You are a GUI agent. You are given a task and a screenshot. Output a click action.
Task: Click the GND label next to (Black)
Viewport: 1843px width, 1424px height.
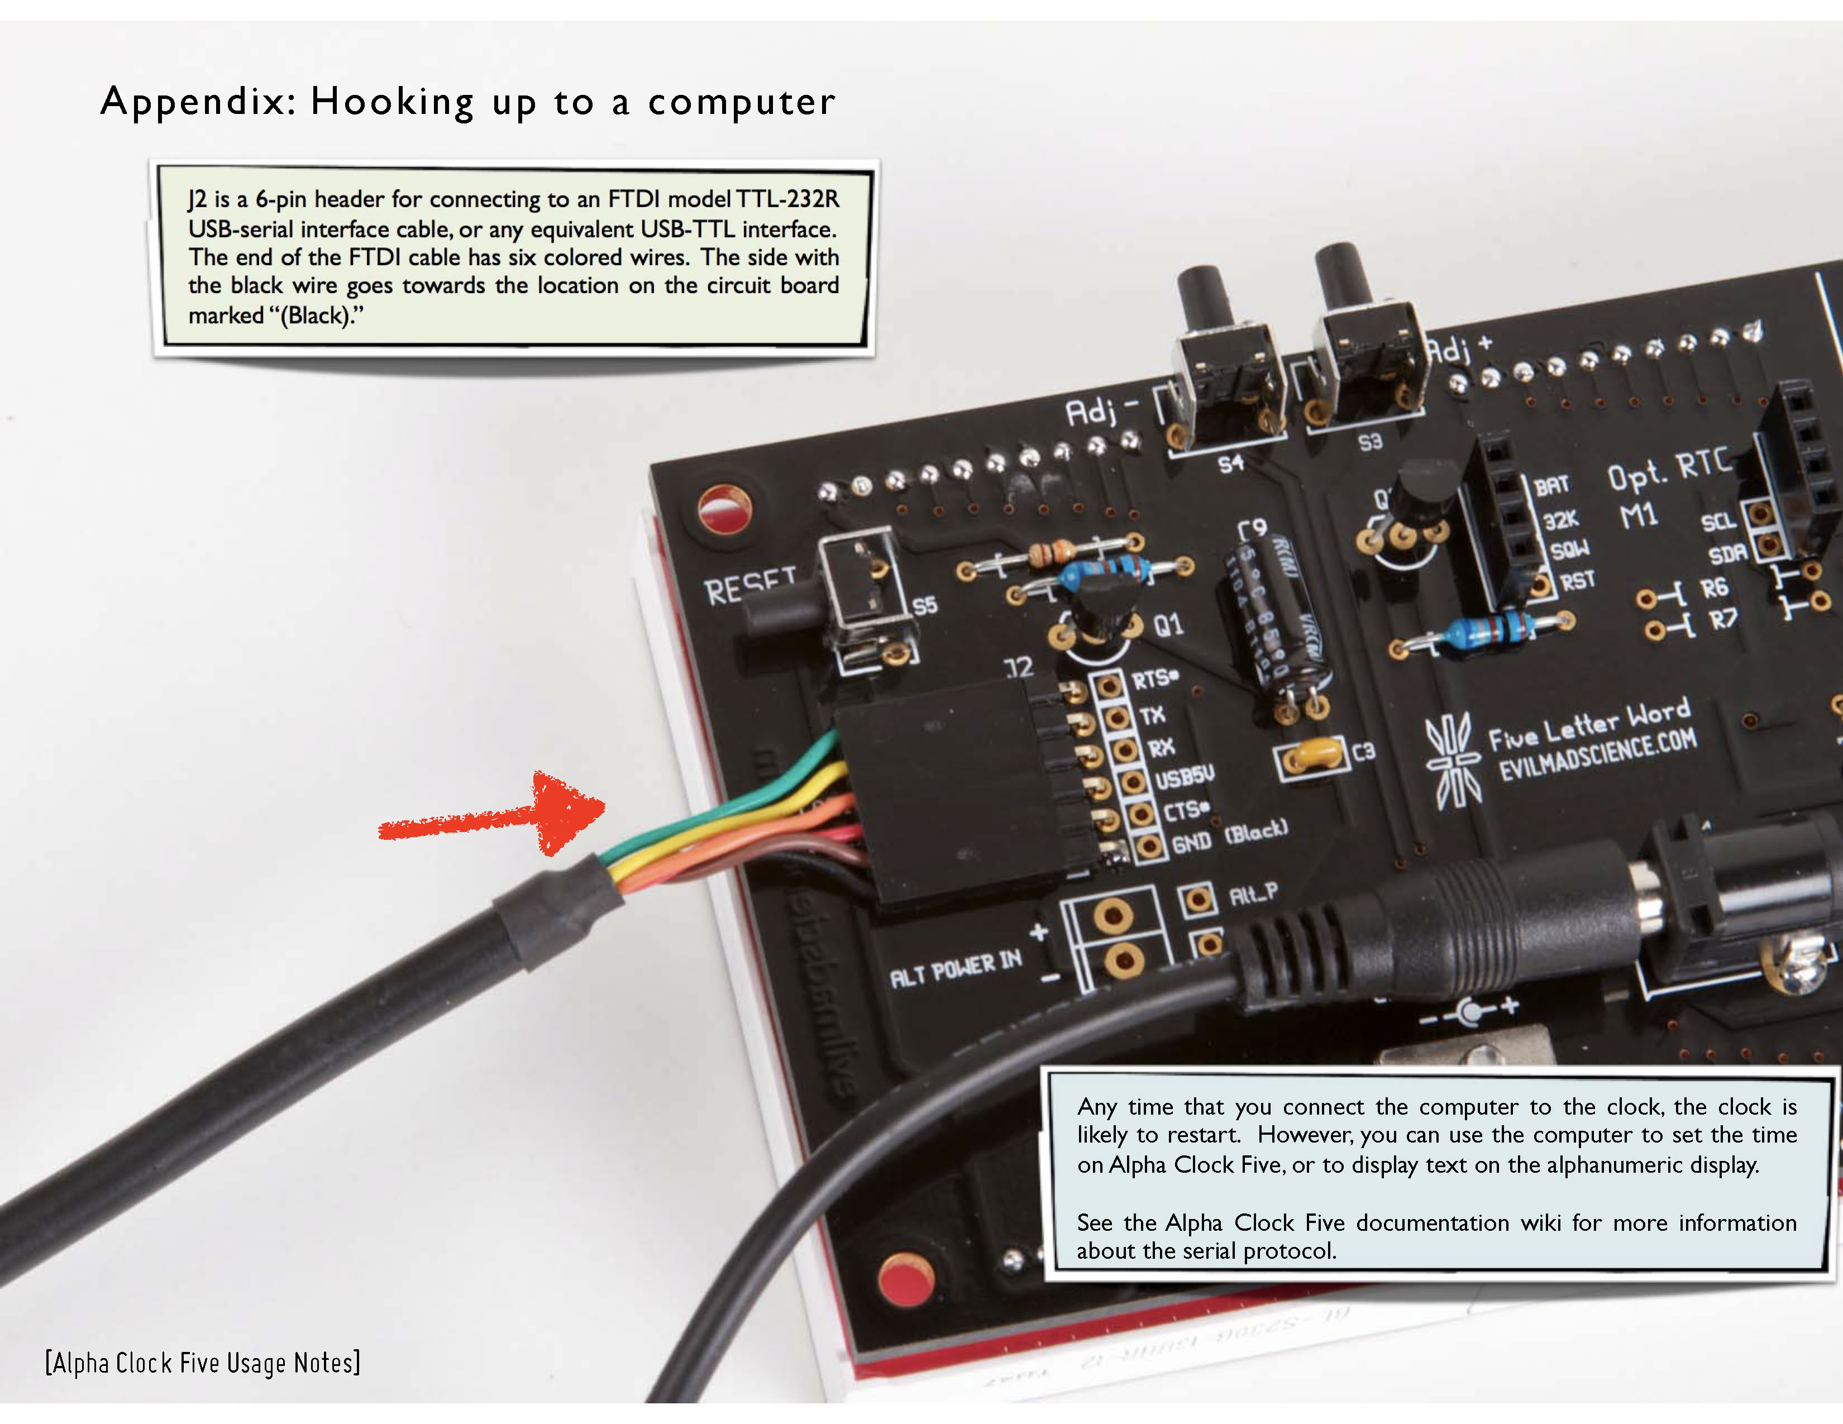1192,842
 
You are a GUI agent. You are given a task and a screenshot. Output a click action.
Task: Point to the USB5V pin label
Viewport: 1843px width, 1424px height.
1185,777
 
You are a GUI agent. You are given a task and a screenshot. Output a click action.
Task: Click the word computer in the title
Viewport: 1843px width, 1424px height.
741,103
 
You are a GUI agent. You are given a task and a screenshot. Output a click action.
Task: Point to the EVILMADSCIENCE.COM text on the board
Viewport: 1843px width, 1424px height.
1597,756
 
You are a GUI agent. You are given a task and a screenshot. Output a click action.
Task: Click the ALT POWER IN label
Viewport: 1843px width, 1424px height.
955,968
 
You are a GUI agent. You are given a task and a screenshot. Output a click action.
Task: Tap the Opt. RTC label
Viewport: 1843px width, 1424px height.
1668,469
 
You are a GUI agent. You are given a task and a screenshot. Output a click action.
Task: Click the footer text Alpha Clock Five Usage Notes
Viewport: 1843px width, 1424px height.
203,1363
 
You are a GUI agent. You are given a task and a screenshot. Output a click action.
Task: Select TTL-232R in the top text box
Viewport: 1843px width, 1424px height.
787,199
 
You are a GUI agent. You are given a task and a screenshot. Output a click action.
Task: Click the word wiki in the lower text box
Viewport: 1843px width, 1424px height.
1540,1222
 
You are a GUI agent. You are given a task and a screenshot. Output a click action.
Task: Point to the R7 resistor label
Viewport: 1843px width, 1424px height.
1722,620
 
